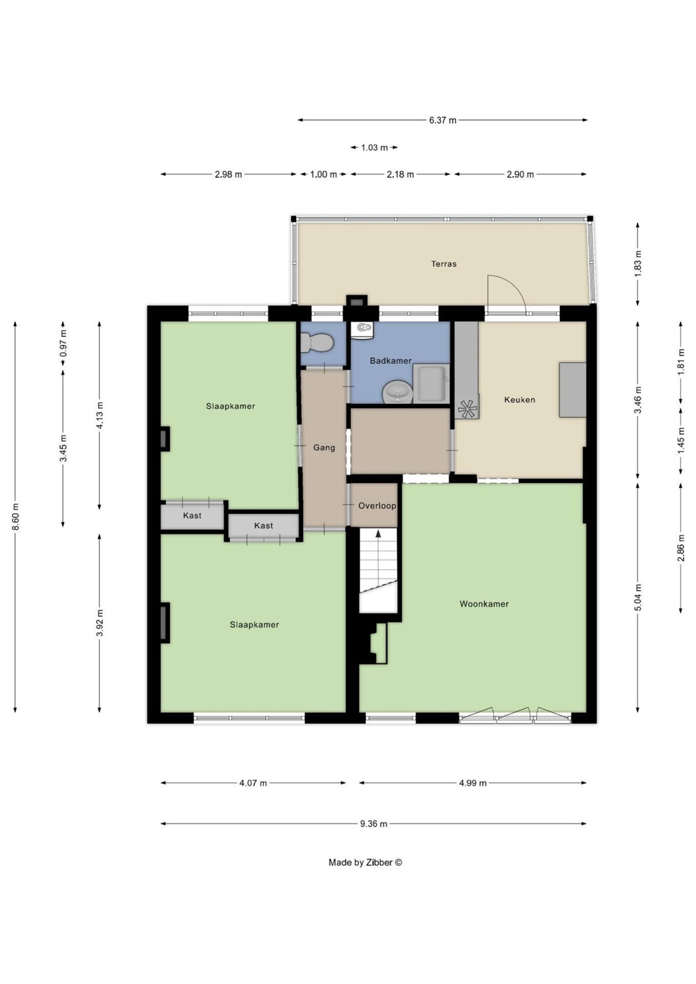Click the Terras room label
pyautogui.click(x=444, y=264)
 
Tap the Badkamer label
pyautogui.click(x=391, y=360)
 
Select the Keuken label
pyautogui.click(x=519, y=399)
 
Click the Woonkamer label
pyautogui.click(x=484, y=604)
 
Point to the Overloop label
pyautogui.click(x=377, y=506)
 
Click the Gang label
pyautogui.click(x=325, y=447)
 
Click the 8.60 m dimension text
pyautogui.click(x=15, y=516)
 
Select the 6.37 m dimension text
pyautogui.click(x=443, y=120)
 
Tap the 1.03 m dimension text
pyautogui.click(x=374, y=147)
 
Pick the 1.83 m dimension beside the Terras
pyautogui.click(x=638, y=264)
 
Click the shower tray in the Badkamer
pyautogui.click(x=431, y=383)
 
